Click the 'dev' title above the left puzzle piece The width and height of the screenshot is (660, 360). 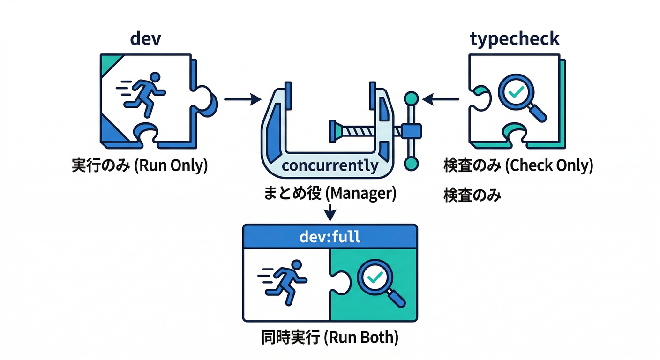pyautogui.click(x=145, y=38)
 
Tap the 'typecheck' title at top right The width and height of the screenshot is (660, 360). pyautogui.click(x=515, y=38)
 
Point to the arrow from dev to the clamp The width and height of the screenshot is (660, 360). pyautogui.click(x=242, y=99)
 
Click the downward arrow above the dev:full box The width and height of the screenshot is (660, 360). pyautogui.click(x=330, y=211)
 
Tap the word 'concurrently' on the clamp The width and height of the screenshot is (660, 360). pyautogui.click(x=330, y=165)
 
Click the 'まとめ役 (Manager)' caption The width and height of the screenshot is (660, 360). pyautogui.click(x=330, y=193)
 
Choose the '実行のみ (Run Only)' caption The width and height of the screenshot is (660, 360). pyautogui.click(x=139, y=166)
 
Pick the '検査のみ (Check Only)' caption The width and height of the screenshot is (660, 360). pyautogui.click(x=518, y=165)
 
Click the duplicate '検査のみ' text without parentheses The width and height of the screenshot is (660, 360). pyautogui.click(x=472, y=195)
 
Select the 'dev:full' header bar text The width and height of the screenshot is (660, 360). pyautogui.click(x=330, y=236)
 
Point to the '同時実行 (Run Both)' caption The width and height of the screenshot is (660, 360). pyautogui.click(x=330, y=338)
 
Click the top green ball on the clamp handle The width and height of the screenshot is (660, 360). pyautogui.click(x=411, y=98)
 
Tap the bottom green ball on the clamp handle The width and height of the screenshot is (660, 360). pyautogui.click(x=411, y=163)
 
